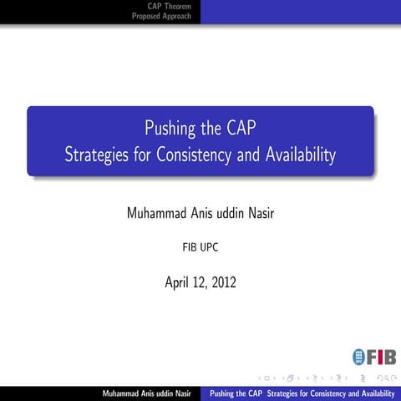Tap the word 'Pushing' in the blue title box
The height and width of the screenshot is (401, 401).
click(170, 129)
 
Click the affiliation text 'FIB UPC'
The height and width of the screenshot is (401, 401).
click(200, 248)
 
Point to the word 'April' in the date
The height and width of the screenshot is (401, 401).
click(179, 282)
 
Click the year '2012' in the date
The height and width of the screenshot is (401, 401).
click(223, 282)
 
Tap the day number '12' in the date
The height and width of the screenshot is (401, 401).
click(200, 282)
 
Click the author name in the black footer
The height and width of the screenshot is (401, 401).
click(146, 393)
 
